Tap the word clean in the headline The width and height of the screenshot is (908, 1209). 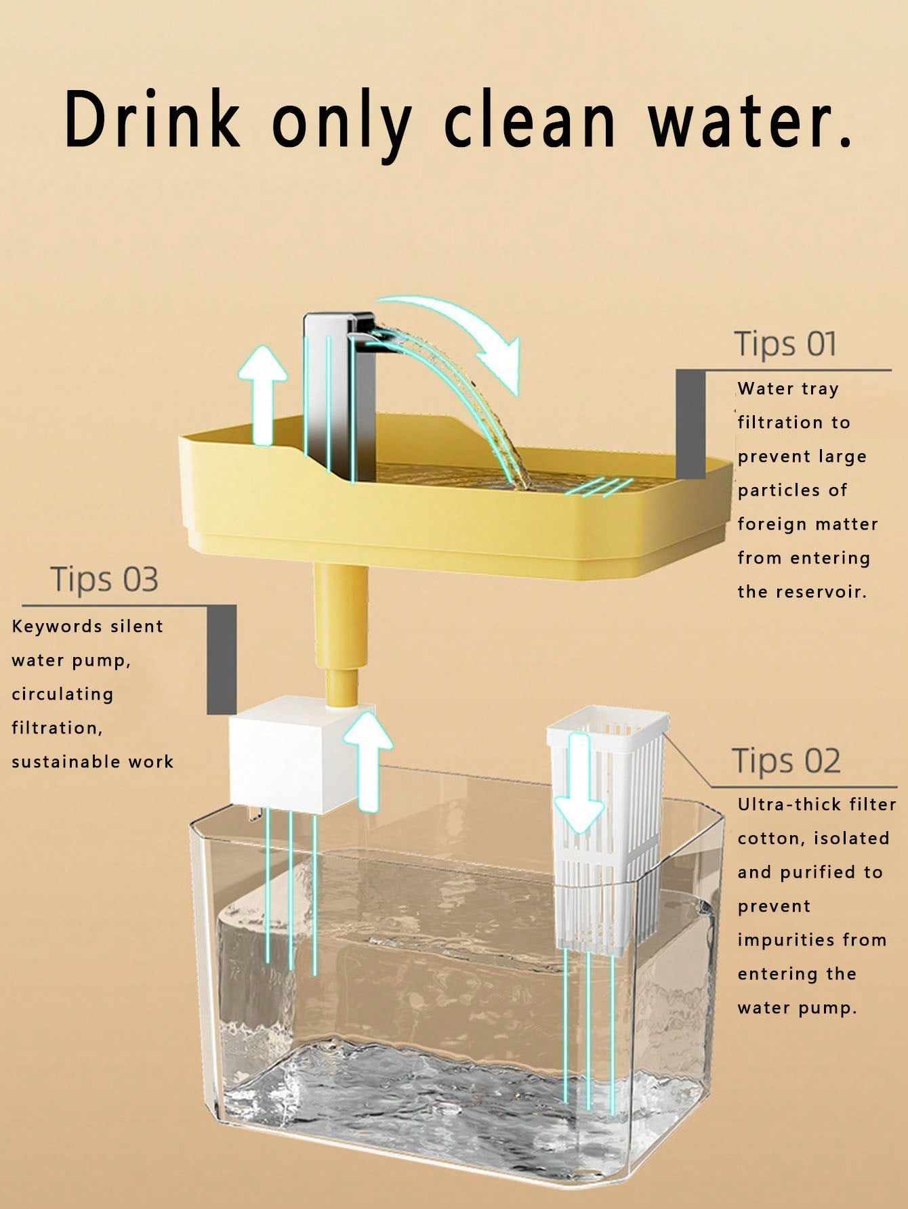click(x=530, y=119)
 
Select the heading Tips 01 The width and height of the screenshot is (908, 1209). click(x=785, y=344)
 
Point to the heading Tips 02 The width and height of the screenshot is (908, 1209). click(x=786, y=761)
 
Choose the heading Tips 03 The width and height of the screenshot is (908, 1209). click(x=104, y=580)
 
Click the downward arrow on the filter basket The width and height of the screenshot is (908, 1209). click(x=579, y=783)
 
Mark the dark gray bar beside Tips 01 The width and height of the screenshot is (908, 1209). click(x=690, y=424)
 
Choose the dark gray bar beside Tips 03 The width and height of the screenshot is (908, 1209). click(x=222, y=659)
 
